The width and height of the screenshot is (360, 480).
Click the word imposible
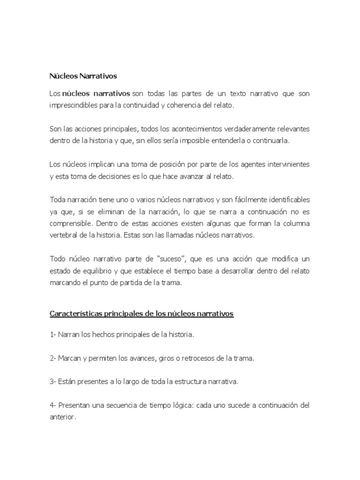191,140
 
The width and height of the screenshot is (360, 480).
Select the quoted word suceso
152,259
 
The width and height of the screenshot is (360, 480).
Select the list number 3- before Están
53,382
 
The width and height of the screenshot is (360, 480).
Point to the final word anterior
62,416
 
